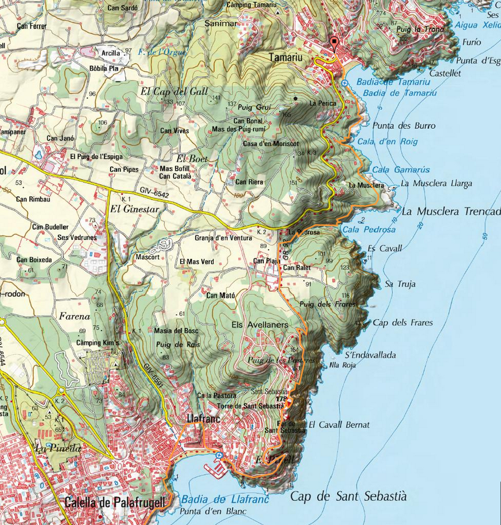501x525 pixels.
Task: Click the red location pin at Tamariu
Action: pos(334,44)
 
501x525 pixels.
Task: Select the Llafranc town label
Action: pos(201,419)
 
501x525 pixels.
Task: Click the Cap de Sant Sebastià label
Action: pos(349,496)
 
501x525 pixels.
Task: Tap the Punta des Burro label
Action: pos(404,125)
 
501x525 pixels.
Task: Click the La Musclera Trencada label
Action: pos(451,211)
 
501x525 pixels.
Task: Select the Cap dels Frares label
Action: pos(402,322)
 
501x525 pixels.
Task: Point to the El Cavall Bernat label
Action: pos(339,425)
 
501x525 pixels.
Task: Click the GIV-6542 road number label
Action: pos(153,195)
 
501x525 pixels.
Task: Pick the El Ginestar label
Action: pos(132,210)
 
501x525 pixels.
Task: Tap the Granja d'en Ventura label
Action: pos(224,238)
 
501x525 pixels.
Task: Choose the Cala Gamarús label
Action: pos(393,170)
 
